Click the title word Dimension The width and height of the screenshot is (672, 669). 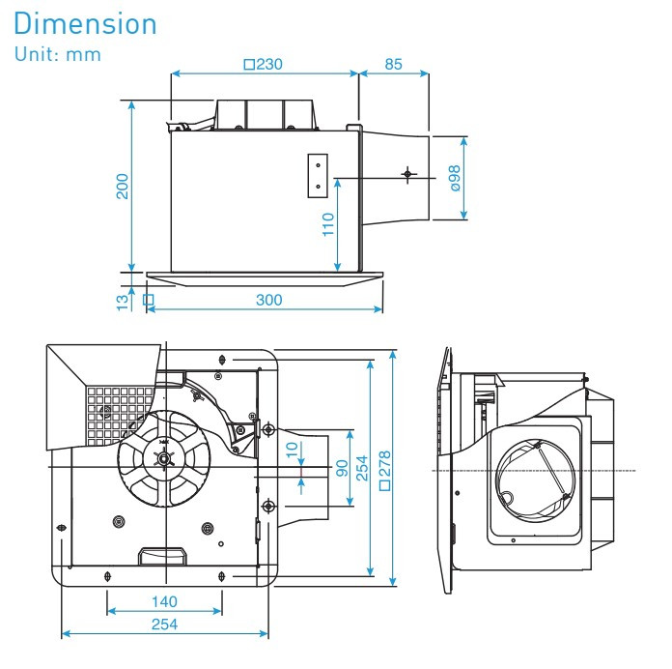pyautogui.click(x=86, y=23)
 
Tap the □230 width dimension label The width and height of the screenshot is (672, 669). pyautogui.click(x=263, y=65)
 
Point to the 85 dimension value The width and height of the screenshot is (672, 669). pyautogui.click(x=394, y=65)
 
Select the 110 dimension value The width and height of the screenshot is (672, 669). pyautogui.click(x=328, y=225)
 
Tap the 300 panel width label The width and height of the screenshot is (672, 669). pyautogui.click(x=268, y=300)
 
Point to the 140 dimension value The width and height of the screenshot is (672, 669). pyautogui.click(x=163, y=600)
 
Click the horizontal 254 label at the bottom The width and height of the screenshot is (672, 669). pyautogui.click(x=163, y=625)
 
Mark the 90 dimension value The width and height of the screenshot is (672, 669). pyautogui.click(x=341, y=468)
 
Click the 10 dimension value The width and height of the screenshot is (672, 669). pyautogui.click(x=292, y=451)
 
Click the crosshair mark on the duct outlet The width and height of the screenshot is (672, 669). pyautogui.click(x=407, y=174)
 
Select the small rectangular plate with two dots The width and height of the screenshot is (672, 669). pyautogui.click(x=318, y=176)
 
